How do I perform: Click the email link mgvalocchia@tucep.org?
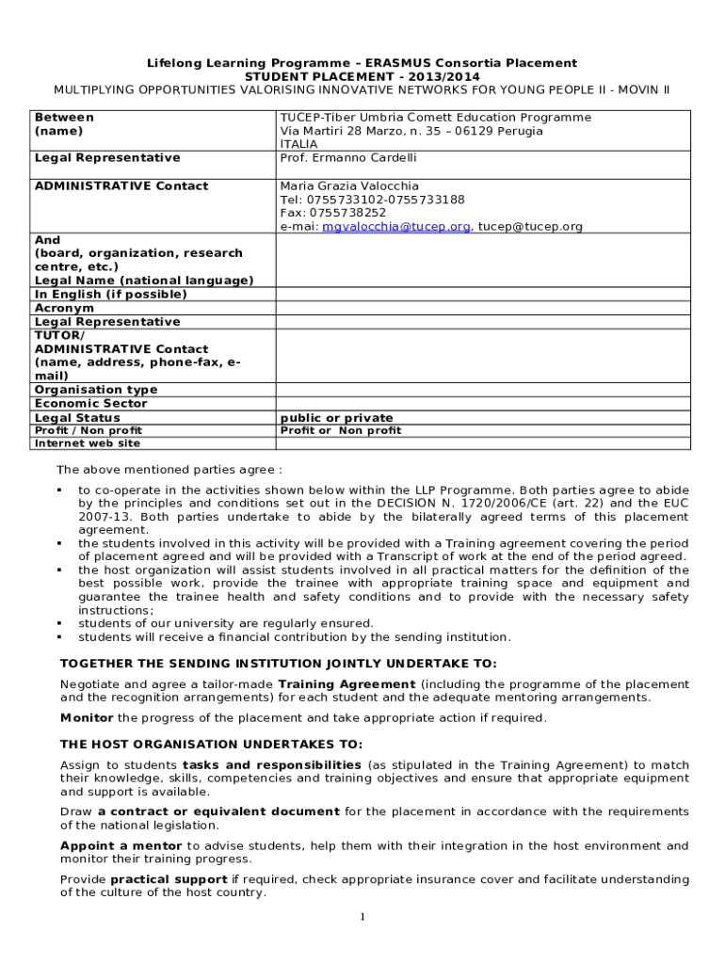click(x=396, y=227)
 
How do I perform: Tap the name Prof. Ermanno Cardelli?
click(x=348, y=158)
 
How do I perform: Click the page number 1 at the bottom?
click(x=362, y=918)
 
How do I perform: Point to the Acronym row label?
click(x=64, y=308)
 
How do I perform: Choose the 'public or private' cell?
click(x=337, y=418)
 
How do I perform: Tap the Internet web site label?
click(x=87, y=443)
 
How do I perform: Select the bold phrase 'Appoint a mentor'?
click(x=121, y=845)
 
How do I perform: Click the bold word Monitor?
click(x=87, y=717)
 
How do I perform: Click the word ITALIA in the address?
click(x=298, y=145)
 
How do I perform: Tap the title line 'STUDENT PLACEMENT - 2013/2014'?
click(x=362, y=76)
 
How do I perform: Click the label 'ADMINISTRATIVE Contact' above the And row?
click(x=121, y=186)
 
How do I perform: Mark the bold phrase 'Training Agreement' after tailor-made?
click(x=347, y=683)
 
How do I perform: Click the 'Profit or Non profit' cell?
click(x=341, y=430)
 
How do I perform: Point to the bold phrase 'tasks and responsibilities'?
click(x=272, y=764)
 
